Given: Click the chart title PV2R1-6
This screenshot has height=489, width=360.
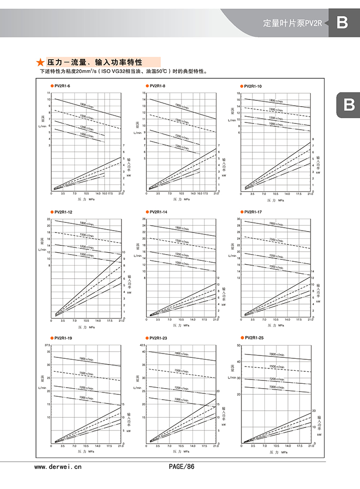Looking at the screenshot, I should [x=62, y=86].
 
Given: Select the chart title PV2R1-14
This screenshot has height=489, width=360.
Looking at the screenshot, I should [x=158, y=212].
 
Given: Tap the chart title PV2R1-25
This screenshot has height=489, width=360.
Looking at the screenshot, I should [x=254, y=338].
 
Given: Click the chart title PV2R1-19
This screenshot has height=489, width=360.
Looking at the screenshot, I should [x=63, y=339].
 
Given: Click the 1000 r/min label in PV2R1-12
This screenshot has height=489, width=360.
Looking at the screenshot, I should [x=86, y=255].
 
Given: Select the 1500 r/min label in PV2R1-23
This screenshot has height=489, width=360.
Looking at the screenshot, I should [x=180, y=371].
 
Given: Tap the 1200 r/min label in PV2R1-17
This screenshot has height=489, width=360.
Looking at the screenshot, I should [x=276, y=256].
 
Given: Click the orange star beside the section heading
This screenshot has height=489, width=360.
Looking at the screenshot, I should [x=41, y=62].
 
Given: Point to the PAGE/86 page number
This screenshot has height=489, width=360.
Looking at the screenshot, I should [x=182, y=466].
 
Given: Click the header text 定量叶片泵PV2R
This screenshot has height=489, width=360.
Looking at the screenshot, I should [x=293, y=23].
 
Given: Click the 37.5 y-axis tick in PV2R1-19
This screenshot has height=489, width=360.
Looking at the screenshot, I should [x=47, y=345].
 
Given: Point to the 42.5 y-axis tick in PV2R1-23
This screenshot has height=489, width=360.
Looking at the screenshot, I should [x=142, y=345].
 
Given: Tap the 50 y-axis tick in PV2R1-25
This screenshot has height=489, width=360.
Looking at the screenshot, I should [x=239, y=345].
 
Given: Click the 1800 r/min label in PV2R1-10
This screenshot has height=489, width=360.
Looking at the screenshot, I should [x=276, y=101].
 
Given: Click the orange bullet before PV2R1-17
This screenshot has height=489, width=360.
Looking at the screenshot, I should [x=241, y=212].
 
